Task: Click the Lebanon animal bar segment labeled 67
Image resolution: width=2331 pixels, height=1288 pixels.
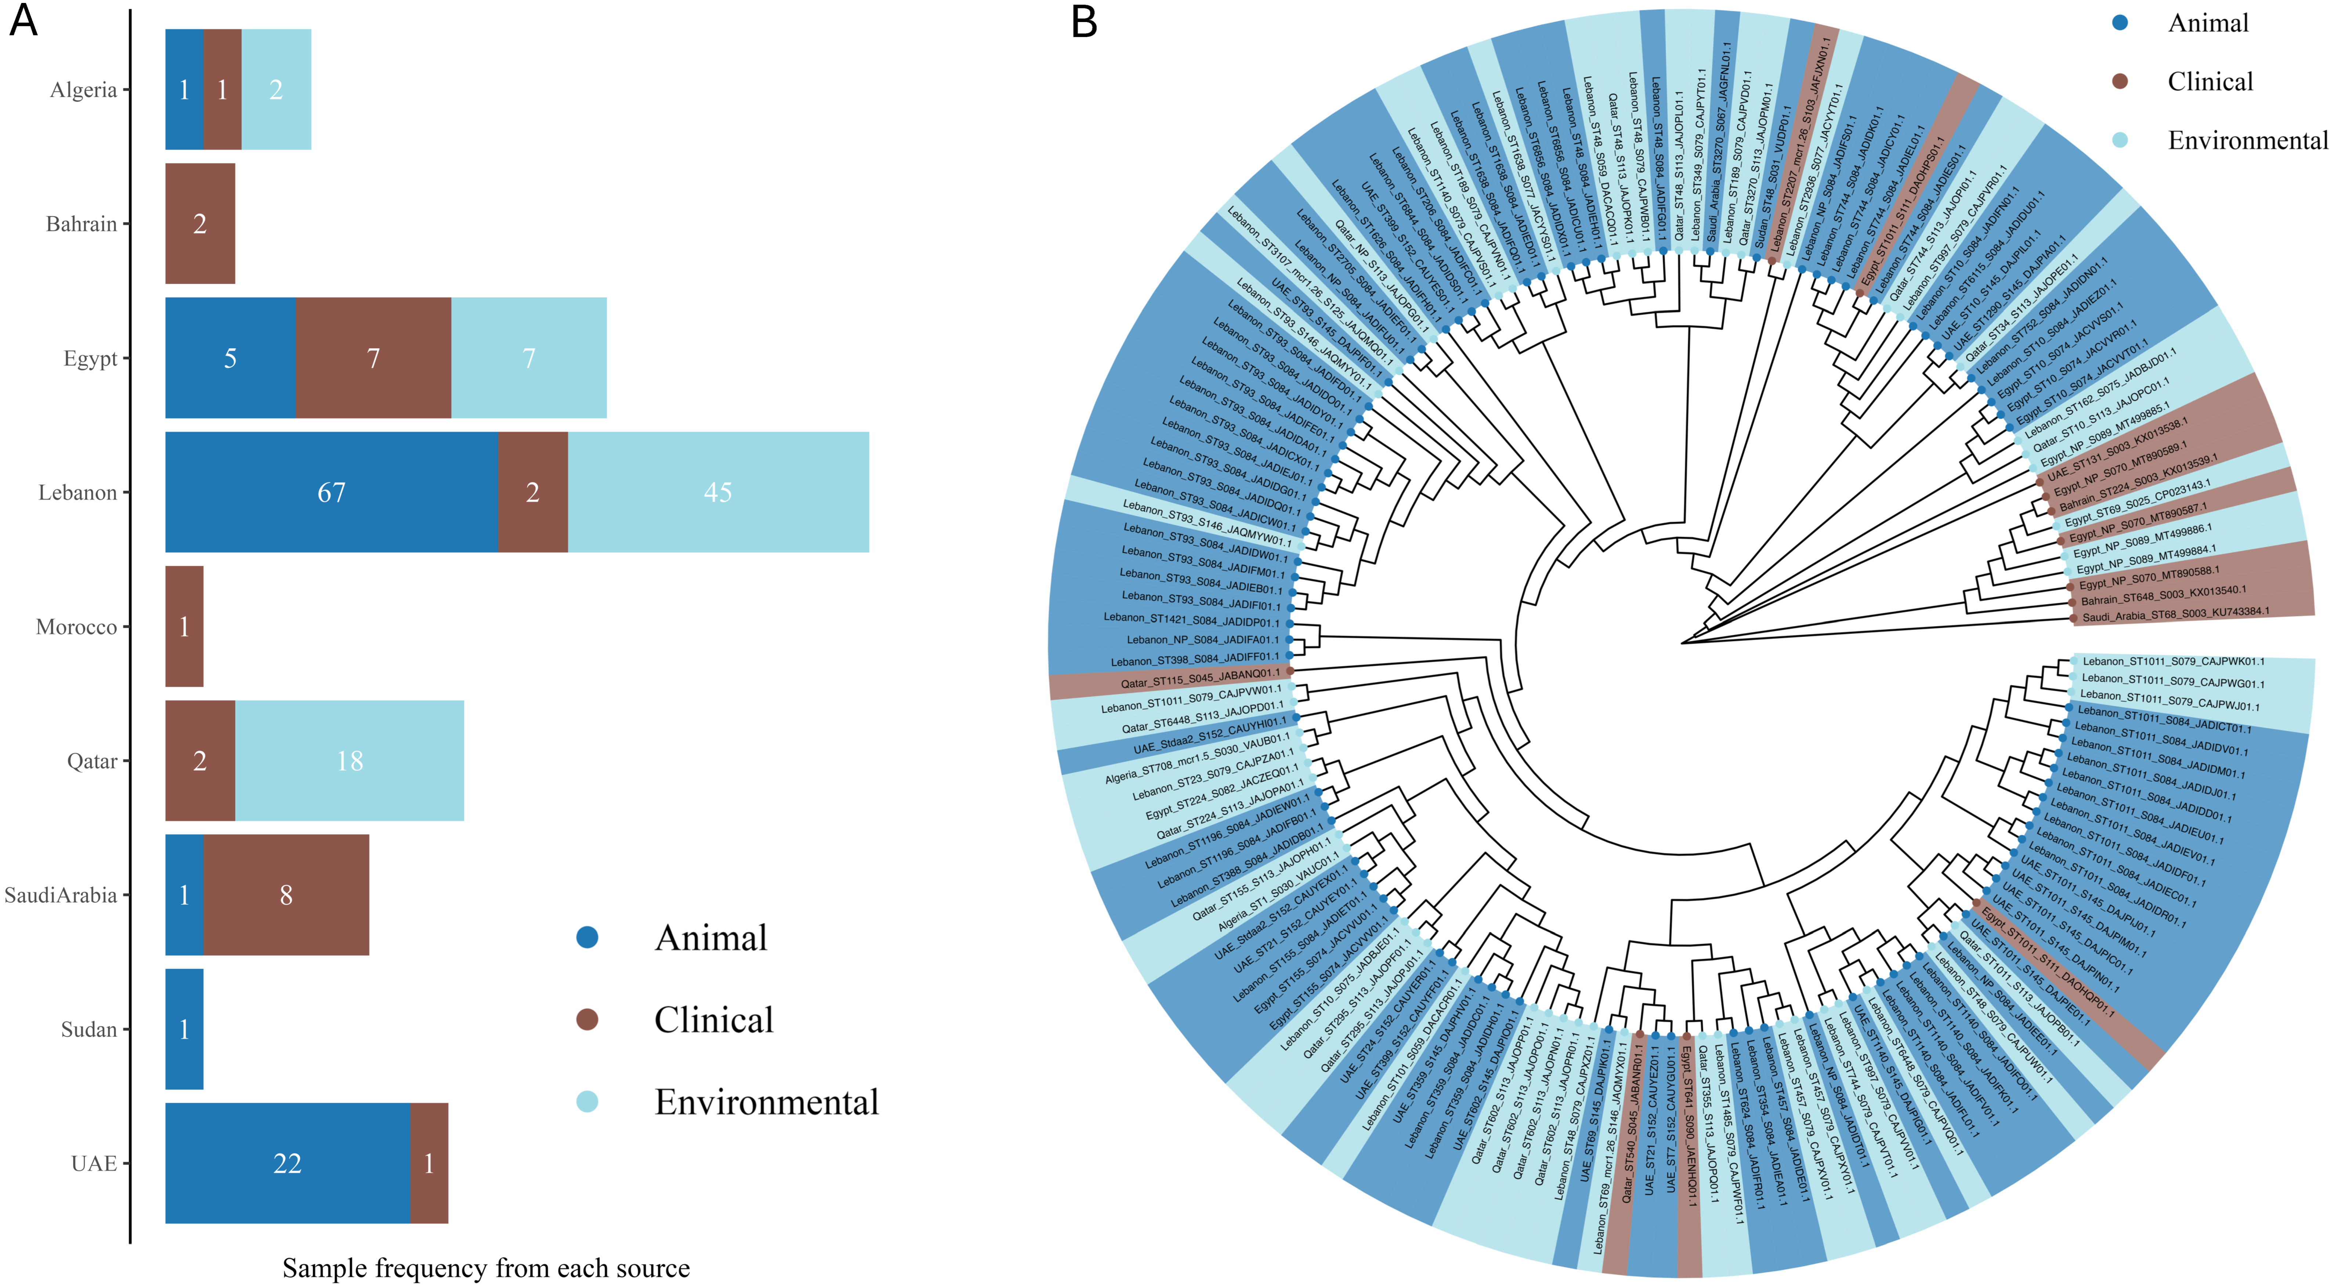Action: (x=331, y=492)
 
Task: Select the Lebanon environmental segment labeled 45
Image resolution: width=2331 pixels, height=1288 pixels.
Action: (x=717, y=492)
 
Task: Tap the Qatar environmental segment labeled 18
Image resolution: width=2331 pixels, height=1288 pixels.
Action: (x=349, y=760)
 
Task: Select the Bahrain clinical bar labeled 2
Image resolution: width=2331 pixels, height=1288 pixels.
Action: (x=200, y=224)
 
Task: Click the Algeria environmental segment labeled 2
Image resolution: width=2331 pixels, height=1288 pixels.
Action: (x=276, y=90)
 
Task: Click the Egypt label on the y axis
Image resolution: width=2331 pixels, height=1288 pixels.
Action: (x=90, y=359)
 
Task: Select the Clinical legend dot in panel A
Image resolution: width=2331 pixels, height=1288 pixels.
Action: (x=587, y=1019)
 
